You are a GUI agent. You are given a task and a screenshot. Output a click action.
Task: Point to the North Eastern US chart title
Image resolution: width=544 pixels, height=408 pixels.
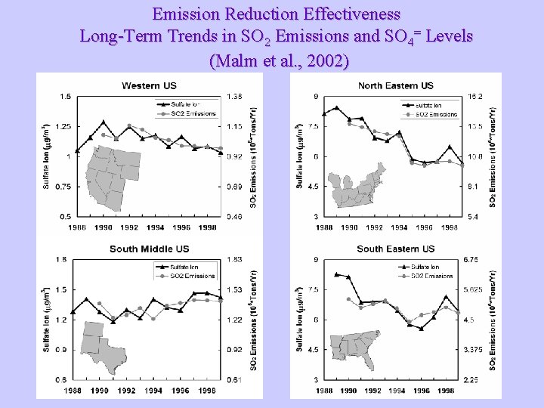pyautogui.click(x=395, y=85)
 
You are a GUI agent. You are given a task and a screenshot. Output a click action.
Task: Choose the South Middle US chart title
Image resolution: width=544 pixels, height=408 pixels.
pyautogui.click(x=149, y=249)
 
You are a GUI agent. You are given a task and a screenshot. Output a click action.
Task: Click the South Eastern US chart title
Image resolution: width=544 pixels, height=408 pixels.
pyautogui.click(x=395, y=249)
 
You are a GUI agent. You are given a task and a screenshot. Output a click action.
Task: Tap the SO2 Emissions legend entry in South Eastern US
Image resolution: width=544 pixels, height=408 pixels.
pyautogui.click(x=432, y=276)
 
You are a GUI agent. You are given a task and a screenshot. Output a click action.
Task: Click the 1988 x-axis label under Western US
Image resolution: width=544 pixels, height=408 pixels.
pyautogui.click(x=76, y=227)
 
